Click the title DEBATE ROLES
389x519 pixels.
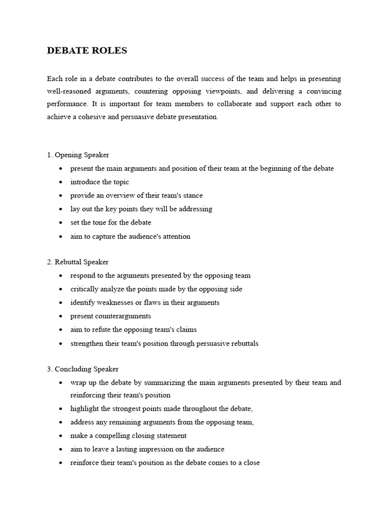(87, 51)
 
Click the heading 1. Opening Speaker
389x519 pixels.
(78, 155)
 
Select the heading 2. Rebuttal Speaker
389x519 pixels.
(77, 262)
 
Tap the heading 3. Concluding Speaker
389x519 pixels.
(83, 369)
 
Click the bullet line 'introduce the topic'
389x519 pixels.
(100, 182)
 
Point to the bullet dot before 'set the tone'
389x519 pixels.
(61, 223)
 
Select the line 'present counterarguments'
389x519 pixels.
(110, 316)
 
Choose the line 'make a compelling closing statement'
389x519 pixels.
(128, 435)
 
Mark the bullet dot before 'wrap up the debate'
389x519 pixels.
(61, 383)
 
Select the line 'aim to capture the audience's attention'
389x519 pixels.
(130, 236)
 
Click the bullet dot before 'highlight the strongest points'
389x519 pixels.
(61, 409)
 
